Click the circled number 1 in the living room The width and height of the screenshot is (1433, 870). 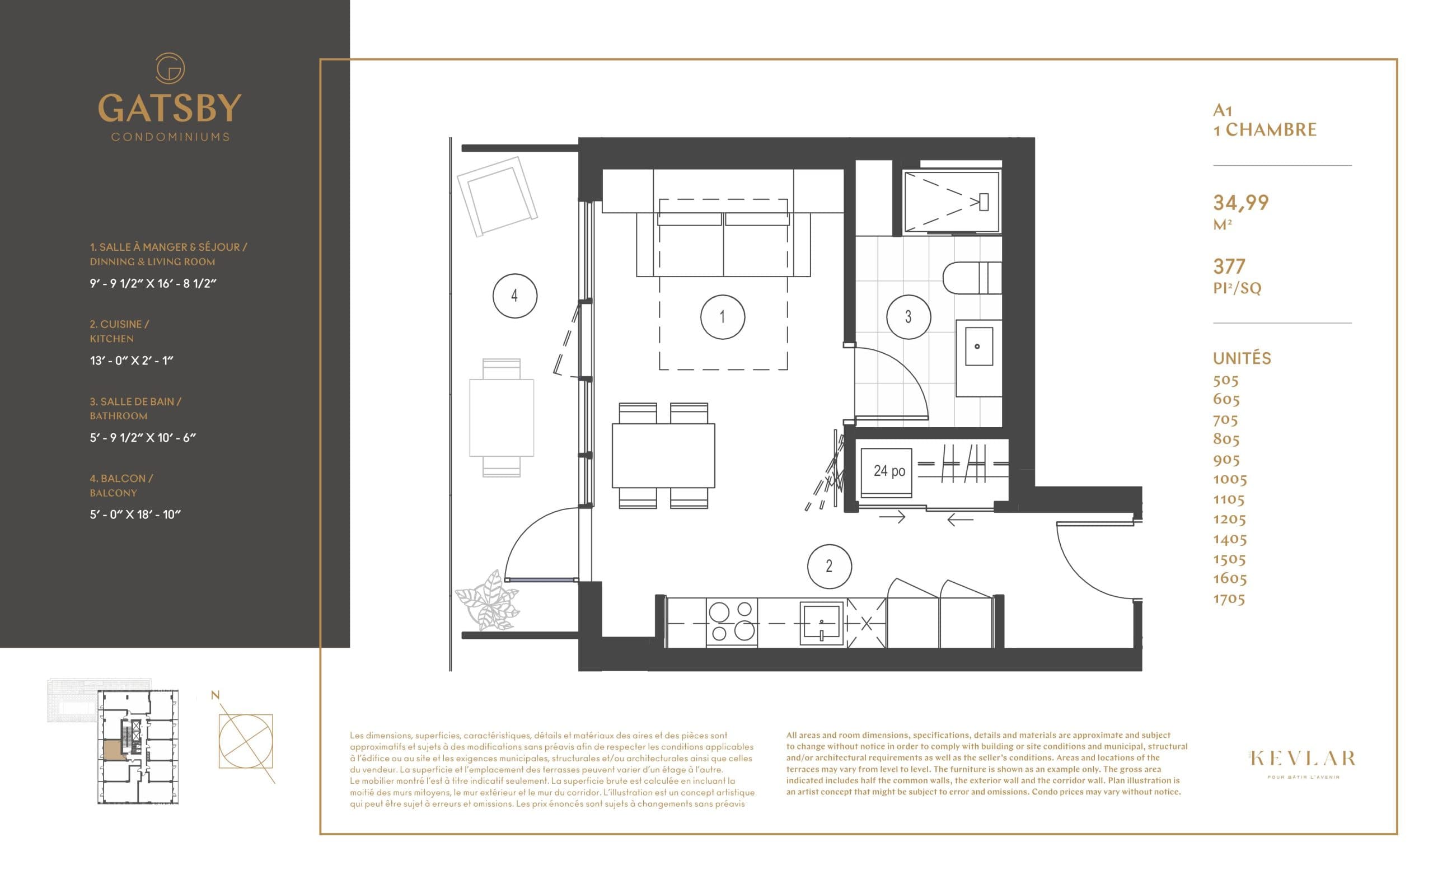pyautogui.click(x=722, y=317)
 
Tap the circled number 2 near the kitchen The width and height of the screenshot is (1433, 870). pyautogui.click(x=830, y=566)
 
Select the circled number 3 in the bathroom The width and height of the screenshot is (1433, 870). pyautogui.click(x=908, y=317)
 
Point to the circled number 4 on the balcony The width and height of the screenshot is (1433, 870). pyautogui.click(x=514, y=296)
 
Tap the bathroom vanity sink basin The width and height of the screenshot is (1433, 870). pyautogui.click(x=979, y=347)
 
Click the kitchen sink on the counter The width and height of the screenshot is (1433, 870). pyautogui.click(x=821, y=624)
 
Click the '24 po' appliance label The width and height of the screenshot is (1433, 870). pyautogui.click(x=889, y=471)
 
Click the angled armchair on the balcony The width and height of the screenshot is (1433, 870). pyautogui.click(x=497, y=196)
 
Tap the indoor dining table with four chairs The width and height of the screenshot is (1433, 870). pyautogui.click(x=663, y=456)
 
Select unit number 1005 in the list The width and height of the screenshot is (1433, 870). pyautogui.click(x=1229, y=479)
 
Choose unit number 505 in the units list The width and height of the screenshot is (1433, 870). pyautogui.click(x=1225, y=380)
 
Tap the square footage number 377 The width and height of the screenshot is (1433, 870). pyautogui.click(x=1229, y=266)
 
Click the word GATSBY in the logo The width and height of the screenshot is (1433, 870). pyautogui.click(x=169, y=108)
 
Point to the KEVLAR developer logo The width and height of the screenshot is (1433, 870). pyautogui.click(x=1303, y=759)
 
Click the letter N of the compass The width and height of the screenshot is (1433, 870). pyautogui.click(x=215, y=695)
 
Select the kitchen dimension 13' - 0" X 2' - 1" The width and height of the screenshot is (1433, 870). pyautogui.click(x=132, y=361)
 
